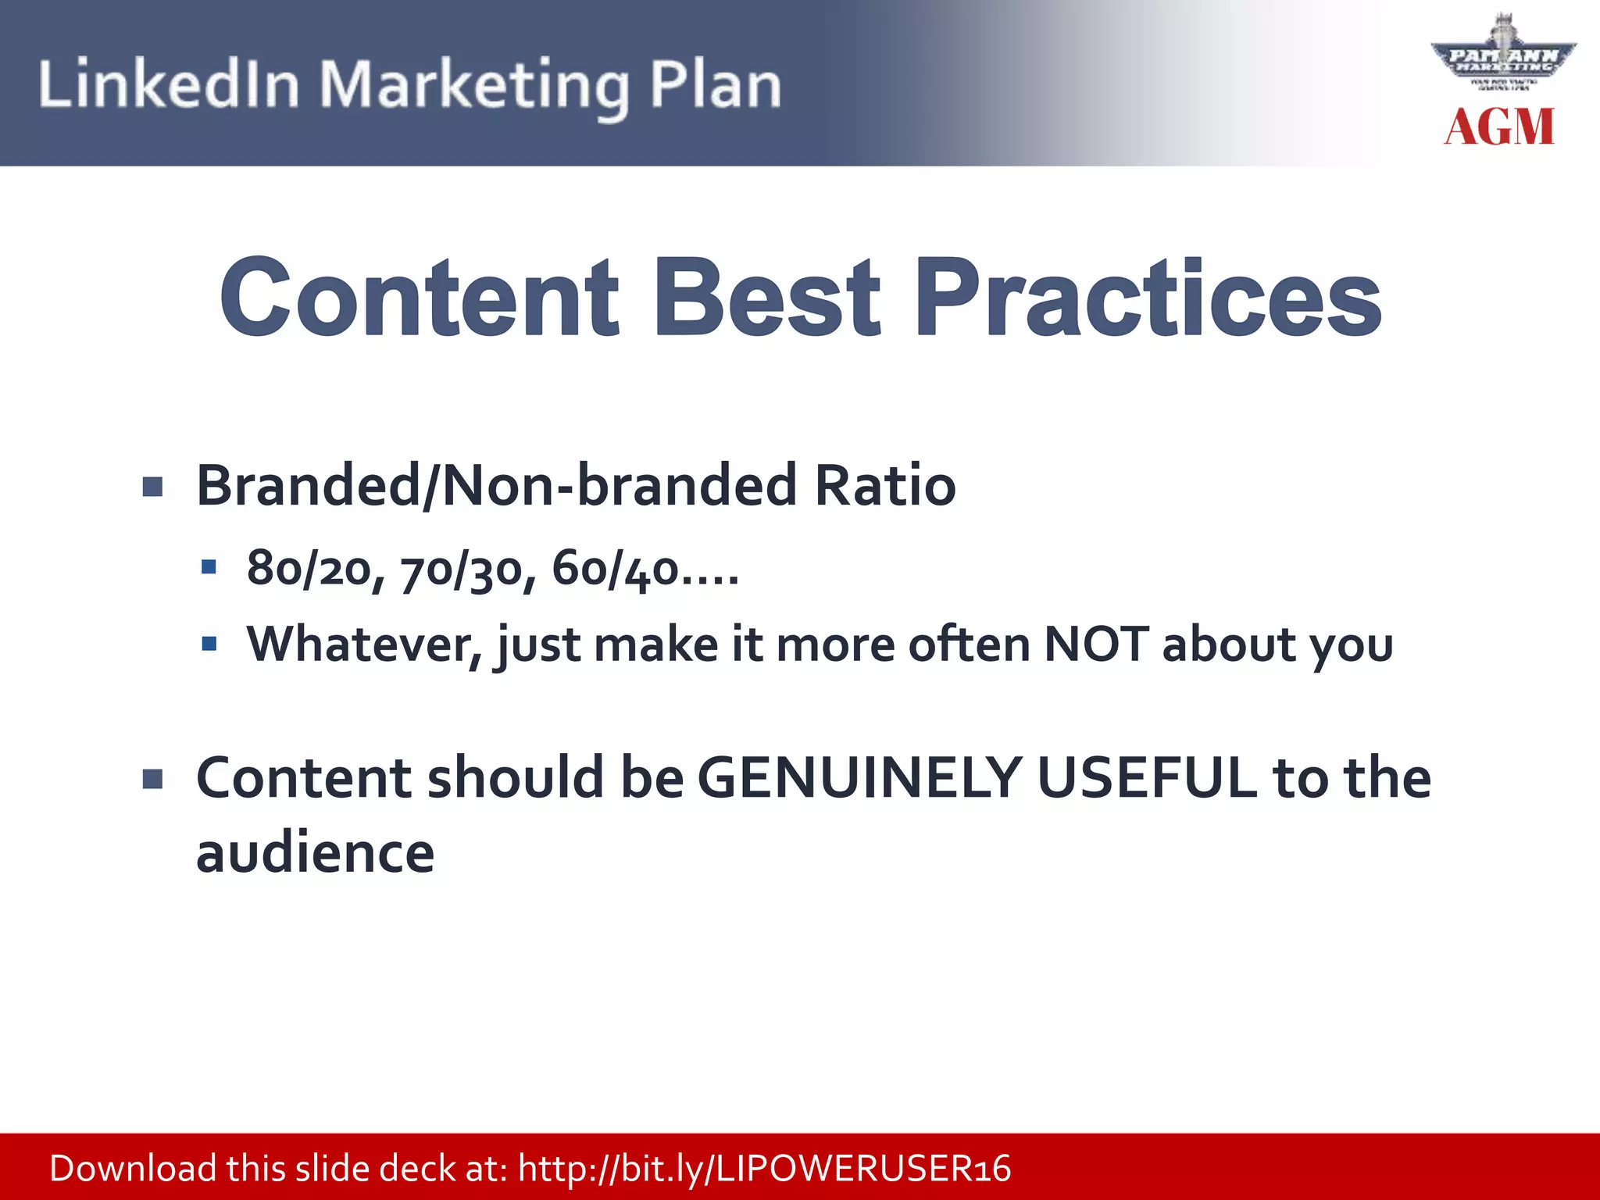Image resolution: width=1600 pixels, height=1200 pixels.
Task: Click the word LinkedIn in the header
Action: tap(169, 84)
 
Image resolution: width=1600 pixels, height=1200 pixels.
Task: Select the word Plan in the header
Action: tap(715, 84)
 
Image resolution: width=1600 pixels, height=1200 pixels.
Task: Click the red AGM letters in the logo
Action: tap(1499, 127)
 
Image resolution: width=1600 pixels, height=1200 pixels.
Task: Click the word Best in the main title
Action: tap(768, 299)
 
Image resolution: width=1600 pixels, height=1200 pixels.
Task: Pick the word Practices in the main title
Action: tap(1148, 299)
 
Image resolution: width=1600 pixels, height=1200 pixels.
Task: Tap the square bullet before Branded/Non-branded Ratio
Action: tap(153, 487)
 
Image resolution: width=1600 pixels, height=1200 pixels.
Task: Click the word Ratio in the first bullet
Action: tap(884, 486)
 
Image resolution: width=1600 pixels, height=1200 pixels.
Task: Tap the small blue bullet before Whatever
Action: tap(209, 645)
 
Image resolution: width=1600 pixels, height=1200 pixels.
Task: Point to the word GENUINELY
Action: tap(859, 778)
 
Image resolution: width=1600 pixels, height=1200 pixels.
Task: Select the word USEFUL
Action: tap(1148, 778)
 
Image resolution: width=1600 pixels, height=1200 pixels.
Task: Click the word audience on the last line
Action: tap(315, 853)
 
